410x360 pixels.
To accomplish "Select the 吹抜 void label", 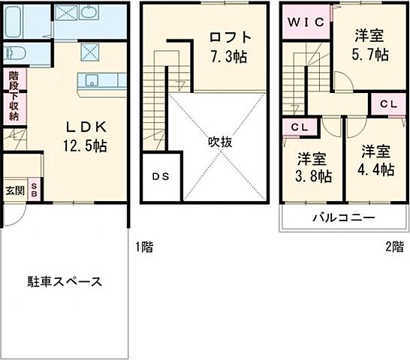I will coord(218,139).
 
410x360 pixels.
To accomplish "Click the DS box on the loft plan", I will coord(161,178).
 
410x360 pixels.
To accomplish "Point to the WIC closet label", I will coord(304,22).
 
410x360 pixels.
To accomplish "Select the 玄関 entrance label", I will coord(14,190).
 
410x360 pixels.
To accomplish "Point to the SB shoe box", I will coord(34,190).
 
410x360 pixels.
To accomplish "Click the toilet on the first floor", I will coord(15,54).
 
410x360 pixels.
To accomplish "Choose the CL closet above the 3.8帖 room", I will coord(298,127).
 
